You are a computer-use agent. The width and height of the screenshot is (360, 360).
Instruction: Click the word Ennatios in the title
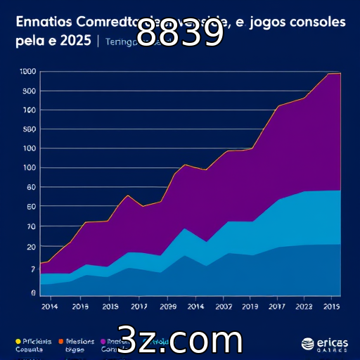coord(41,22)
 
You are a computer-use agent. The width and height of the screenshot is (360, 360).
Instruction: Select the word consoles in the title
coord(321,22)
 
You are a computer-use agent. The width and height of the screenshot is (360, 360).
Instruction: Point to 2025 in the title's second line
coord(75,41)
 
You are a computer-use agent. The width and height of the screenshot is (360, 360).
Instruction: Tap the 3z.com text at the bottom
coord(179,340)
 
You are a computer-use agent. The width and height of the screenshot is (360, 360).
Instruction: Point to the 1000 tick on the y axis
coord(28,72)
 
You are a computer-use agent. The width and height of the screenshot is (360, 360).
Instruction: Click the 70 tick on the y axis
coord(30,227)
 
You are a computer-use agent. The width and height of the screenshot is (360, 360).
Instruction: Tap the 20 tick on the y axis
coord(30,247)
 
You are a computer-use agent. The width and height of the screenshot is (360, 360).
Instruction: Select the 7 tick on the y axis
coord(32,269)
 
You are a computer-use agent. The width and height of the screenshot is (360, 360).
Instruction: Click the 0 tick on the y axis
coord(32,292)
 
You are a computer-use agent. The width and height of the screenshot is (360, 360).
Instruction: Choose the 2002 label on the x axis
coord(224,307)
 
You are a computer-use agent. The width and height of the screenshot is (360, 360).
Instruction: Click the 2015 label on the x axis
coord(332,307)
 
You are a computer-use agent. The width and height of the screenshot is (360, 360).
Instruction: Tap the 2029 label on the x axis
coord(168,307)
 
